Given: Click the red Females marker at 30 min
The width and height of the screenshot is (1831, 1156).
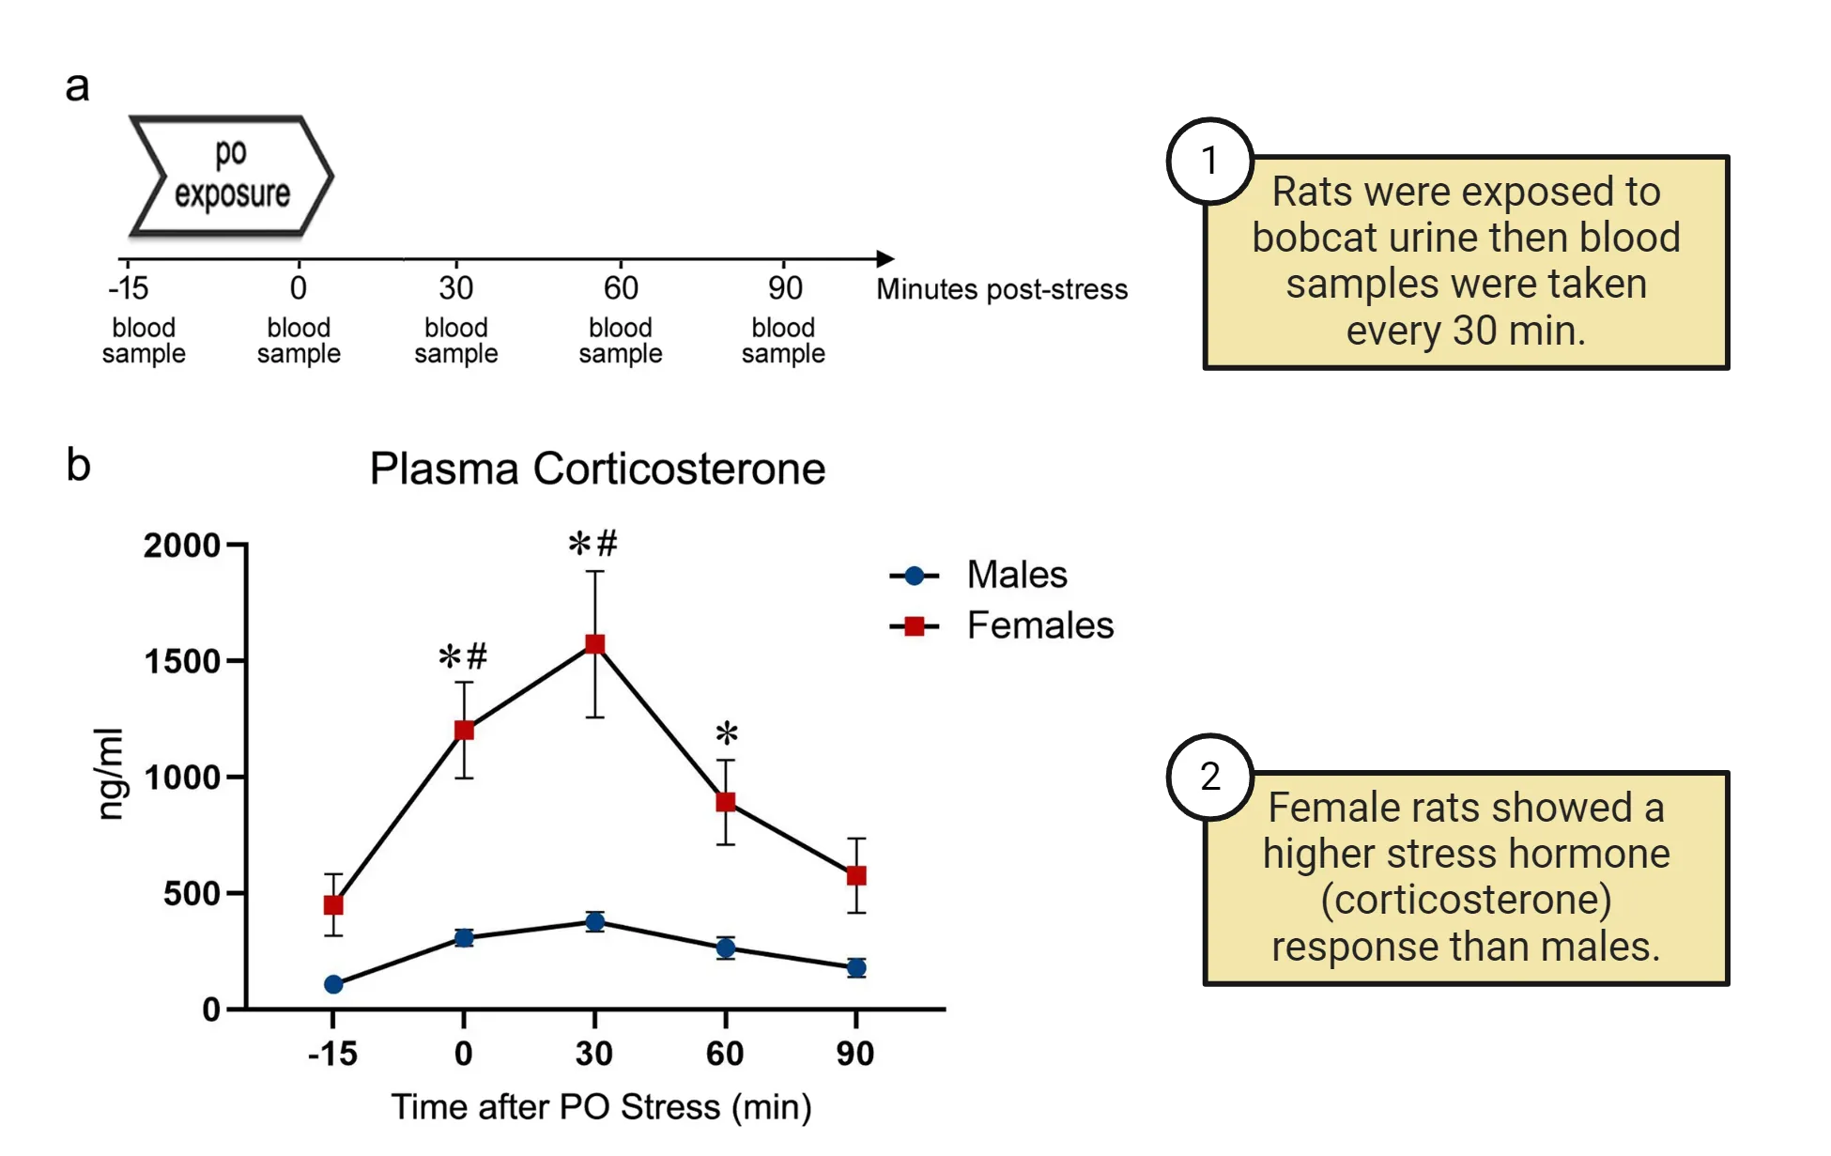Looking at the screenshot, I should (594, 644).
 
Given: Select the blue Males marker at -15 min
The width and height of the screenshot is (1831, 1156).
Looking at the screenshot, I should (333, 984).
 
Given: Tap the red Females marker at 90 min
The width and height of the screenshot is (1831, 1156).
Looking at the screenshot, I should (856, 875).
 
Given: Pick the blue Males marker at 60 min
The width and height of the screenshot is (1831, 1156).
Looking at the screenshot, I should (726, 948).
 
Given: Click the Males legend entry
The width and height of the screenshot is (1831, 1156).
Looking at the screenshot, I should (1016, 575).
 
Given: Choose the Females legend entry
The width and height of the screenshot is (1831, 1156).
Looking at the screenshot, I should (1039, 625).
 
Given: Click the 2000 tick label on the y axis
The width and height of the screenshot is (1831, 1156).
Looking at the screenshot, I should (181, 546).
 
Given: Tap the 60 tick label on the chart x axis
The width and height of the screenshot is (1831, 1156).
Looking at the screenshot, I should (725, 1054).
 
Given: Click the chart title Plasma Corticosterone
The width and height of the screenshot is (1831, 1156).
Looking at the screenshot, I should (597, 469).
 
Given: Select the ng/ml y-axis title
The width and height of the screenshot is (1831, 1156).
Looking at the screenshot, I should (111, 774).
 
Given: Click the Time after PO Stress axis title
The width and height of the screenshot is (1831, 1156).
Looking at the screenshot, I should (601, 1106).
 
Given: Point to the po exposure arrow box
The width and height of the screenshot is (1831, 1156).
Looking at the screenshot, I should (231, 175).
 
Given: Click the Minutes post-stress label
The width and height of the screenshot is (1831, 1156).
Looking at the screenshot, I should (1001, 289).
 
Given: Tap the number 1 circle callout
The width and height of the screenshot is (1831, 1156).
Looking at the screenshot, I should (1209, 161).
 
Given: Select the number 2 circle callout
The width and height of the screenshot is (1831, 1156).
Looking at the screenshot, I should (1209, 777).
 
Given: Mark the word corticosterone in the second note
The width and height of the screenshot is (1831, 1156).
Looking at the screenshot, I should (1466, 900).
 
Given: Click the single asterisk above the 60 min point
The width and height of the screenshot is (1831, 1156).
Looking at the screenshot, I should (727, 733).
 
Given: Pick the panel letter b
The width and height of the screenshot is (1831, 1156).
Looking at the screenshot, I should (79, 466).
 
